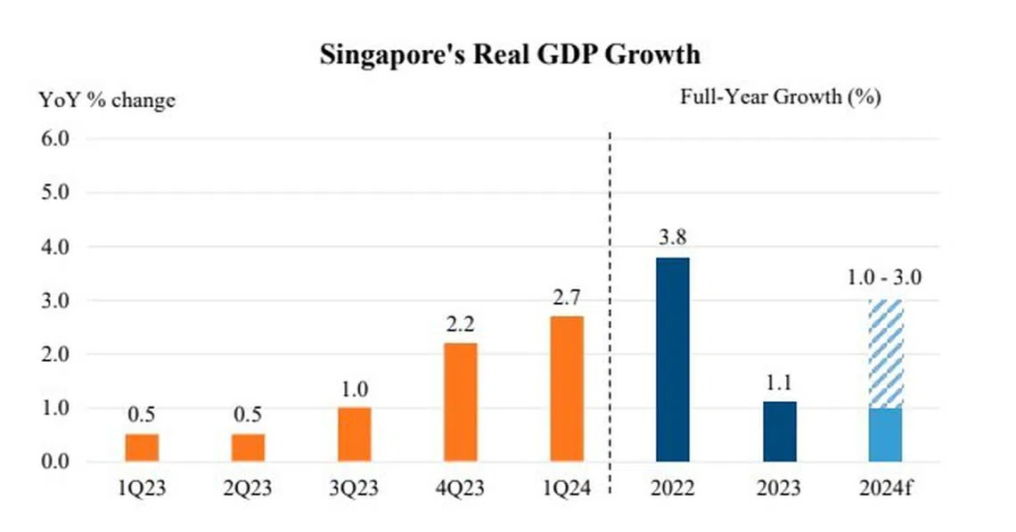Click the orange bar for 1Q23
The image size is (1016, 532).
(142, 447)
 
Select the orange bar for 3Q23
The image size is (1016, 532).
(355, 434)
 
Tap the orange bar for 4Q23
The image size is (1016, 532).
(461, 402)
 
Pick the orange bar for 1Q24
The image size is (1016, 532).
(567, 389)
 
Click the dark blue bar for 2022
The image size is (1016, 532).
(673, 359)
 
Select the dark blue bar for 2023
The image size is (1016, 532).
(779, 431)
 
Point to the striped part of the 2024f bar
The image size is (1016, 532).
(886, 354)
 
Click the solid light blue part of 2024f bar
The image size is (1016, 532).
(886, 435)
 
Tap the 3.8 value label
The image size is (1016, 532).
(673, 239)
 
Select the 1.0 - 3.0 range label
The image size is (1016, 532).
(886, 277)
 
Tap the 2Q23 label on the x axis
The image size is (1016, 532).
(248, 488)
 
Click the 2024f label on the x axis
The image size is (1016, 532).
(886, 488)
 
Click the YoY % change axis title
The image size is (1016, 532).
(106, 100)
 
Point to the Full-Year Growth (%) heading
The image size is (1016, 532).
(780, 97)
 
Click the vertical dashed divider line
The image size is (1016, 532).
(610, 312)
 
